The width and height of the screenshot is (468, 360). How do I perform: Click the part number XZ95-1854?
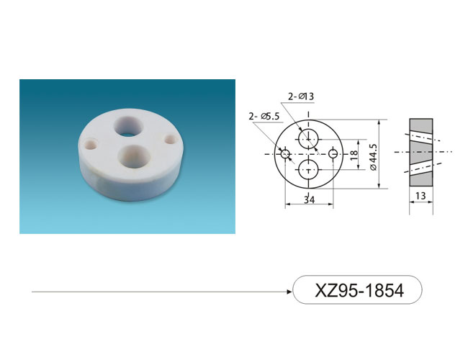tap(359, 290)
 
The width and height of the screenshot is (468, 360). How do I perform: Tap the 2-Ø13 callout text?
tap(301, 96)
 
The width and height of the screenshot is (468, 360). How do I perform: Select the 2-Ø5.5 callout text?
tap(264, 116)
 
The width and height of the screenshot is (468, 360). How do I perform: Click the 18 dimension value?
tap(354, 155)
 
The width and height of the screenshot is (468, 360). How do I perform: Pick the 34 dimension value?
tap(309, 199)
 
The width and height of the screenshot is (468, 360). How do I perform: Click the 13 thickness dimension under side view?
tap(420, 196)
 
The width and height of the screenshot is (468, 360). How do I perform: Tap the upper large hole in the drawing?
tap(309, 139)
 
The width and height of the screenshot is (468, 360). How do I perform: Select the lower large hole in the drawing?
tap(309, 169)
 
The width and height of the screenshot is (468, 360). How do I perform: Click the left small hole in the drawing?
tap(285, 154)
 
